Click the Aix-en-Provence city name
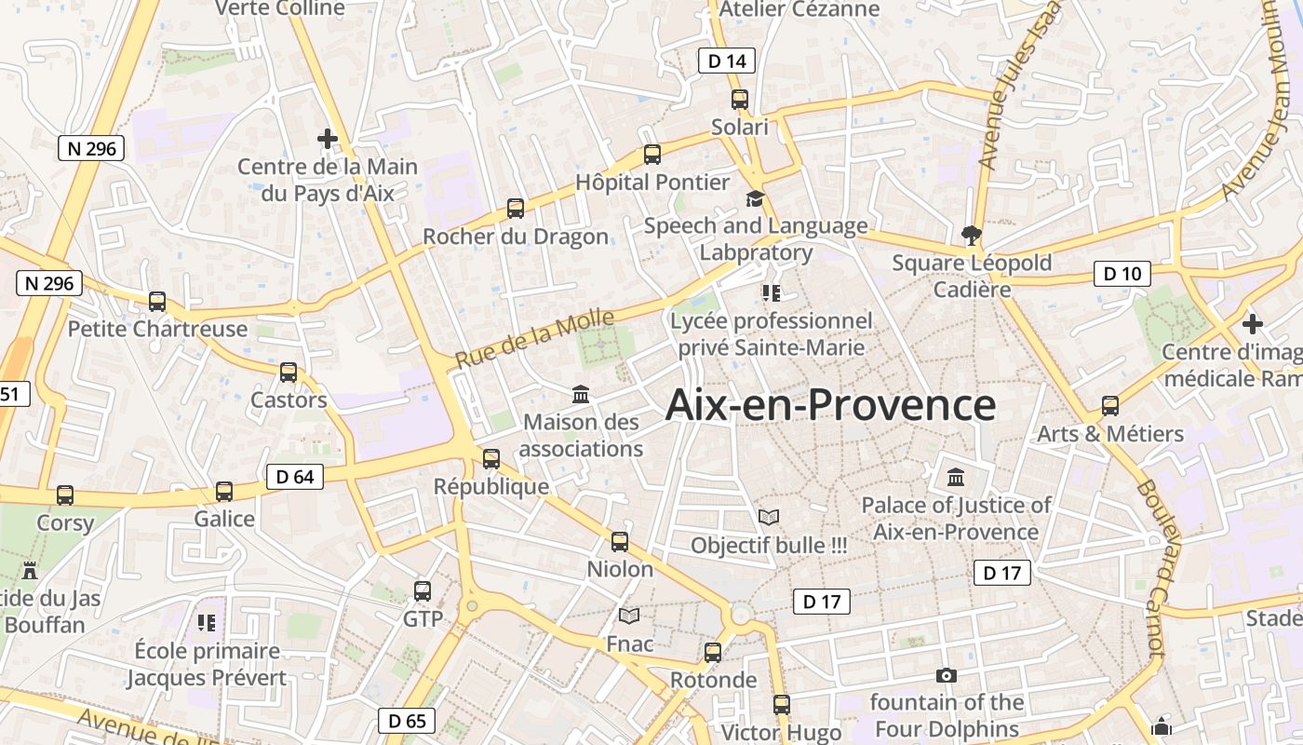point(831,405)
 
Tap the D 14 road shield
point(726,61)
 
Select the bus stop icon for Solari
point(740,100)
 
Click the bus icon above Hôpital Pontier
point(652,155)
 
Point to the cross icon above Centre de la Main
point(328,139)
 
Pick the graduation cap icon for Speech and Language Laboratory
point(755,198)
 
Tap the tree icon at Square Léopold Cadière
point(971,236)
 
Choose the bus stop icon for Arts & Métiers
point(1110,406)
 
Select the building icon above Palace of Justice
point(956,478)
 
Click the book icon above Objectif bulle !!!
point(769,517)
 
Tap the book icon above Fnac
point(630,616)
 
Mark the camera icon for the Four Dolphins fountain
point(947,675)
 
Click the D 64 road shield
point(295,477)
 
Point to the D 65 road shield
point(407,721)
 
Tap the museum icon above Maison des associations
point(582,394)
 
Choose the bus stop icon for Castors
point(289,372)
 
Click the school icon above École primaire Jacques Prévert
point(207,622)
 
